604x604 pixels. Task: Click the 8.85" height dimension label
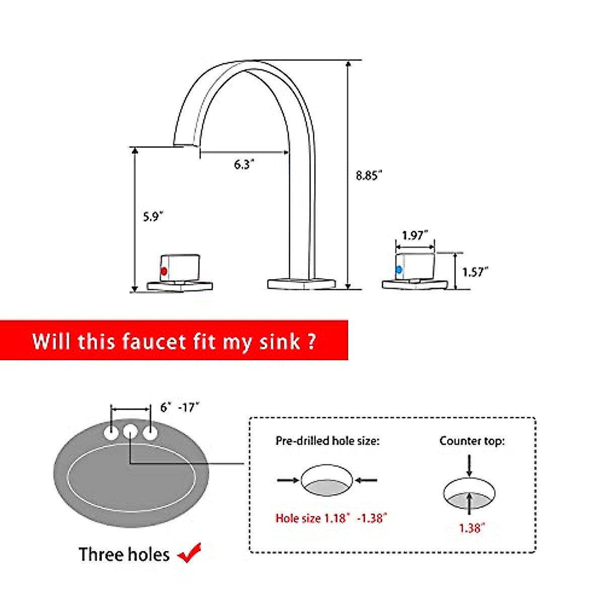[369, 176]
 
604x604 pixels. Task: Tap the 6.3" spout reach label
[244, 165]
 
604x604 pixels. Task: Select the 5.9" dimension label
[153, 216]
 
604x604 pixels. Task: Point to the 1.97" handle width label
[415, 235]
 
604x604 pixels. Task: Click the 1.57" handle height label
[475, 272]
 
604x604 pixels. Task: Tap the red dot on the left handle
[164, 271]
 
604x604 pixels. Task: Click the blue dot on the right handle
[399, 270]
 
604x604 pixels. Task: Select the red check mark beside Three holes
[190, 553]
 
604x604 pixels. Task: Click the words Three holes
[124, 555]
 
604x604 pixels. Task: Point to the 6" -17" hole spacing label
[180, 407]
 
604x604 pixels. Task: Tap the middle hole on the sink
[130, 431]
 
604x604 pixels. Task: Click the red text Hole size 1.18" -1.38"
[331, 518]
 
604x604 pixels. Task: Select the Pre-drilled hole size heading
[327, 441]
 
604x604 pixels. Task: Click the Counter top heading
[472, 441]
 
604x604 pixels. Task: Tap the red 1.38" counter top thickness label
[472, 528]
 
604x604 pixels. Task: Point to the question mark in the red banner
[311, 342]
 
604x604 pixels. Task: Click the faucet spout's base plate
[301, 283]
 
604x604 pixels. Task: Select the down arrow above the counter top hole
[469, 465]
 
